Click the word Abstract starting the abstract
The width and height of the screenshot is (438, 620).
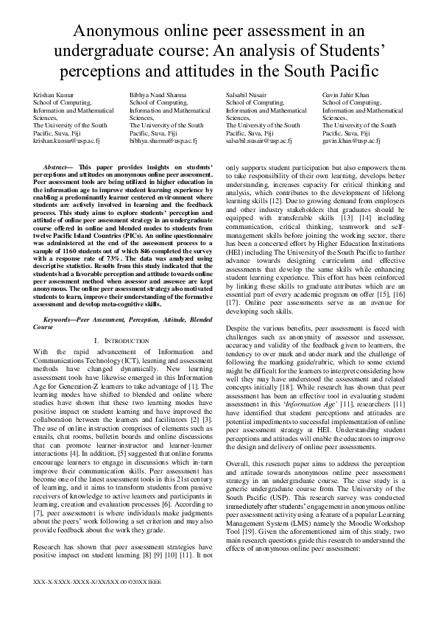point(58,167)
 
